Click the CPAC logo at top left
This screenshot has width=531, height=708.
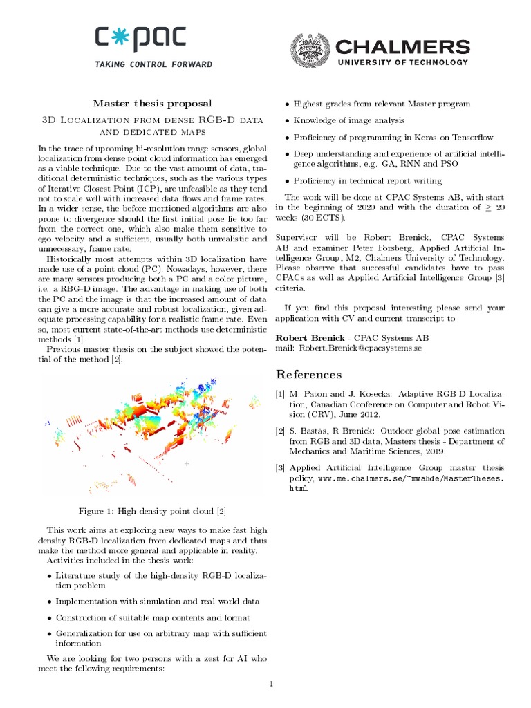(x=153, y=41)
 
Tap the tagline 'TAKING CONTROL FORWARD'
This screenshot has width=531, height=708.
(x=153, y=65)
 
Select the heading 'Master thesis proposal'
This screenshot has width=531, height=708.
(x=153, y=103)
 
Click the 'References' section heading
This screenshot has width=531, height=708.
(x=308, y=374)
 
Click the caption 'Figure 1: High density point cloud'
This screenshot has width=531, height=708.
(x=152, y=511)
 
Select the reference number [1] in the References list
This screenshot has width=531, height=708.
(x=280, y=393)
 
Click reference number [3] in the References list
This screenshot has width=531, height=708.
(x=280, y=467)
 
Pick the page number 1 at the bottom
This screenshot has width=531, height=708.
(x=272, y=684)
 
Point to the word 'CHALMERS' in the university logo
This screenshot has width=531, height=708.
(x=402, y=47)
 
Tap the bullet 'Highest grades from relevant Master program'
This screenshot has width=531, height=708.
(x=382, y=104)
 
